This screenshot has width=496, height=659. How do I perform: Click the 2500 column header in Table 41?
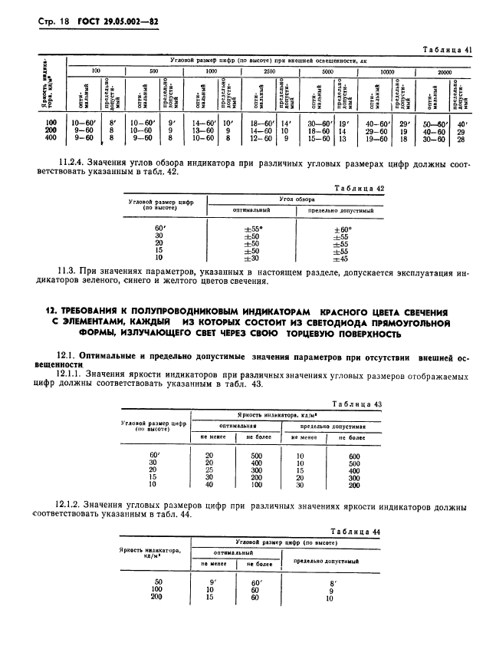[268, 71]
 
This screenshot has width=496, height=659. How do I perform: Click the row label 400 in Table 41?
[51, 139]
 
